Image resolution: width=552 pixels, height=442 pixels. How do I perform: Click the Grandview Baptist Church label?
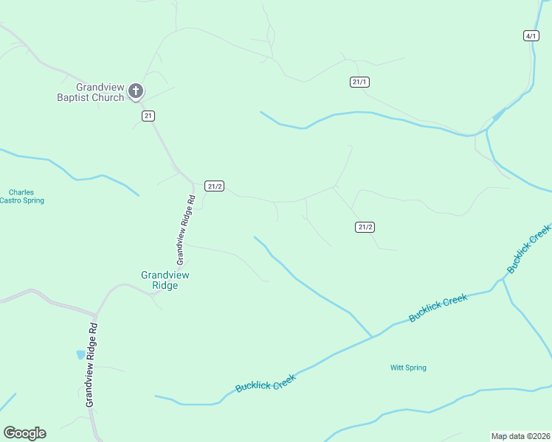tap(92, 91)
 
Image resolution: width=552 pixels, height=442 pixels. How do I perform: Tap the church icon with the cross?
tap(136, 91)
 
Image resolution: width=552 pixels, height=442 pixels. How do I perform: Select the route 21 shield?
tap(149, 116)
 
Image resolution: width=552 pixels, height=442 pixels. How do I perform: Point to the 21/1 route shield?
tap(359, 82)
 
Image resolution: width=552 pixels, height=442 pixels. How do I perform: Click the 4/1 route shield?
tap(531, 35)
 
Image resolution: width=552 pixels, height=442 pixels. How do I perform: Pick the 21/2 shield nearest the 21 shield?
tap(214, 186)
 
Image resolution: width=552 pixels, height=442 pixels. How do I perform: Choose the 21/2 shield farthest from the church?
tap(365, 227)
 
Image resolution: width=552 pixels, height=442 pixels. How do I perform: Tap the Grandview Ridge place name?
tap(165, 280)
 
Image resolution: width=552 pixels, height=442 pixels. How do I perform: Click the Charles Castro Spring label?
tap(27, 197)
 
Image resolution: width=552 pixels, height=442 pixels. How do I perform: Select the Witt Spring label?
tap(408, 368)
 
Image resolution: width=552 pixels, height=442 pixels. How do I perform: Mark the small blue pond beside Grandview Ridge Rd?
tap(80, 354)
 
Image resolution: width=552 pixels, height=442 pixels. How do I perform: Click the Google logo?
tap(24, 433)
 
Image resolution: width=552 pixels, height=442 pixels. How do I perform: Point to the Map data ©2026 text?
tap(520, 435)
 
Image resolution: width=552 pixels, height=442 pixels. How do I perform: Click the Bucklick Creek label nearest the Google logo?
tap(266, 382)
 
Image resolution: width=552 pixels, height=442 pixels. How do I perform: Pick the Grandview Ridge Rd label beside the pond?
tap(92, 363)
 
